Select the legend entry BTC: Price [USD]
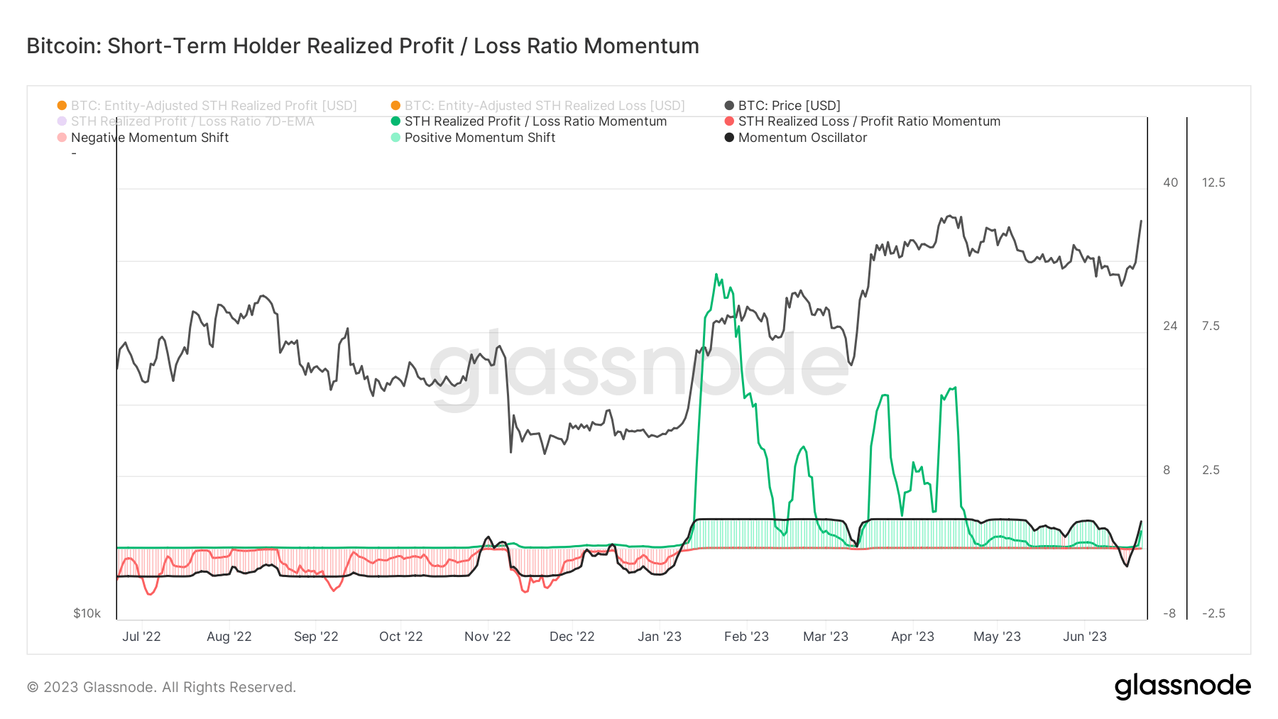click(788, 106)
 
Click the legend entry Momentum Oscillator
click(802, 138)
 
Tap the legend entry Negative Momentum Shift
click(149, 138)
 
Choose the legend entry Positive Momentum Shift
click(479, 138)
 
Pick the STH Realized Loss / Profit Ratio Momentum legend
click(868, 121)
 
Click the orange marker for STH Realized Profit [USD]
click(62, 106)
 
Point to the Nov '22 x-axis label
click(487, 637)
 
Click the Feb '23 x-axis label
click(746, 637)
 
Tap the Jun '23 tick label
click(1084, 637)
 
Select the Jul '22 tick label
click(141, 637)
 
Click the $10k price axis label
click(87, 613)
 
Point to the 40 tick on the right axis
click(1170, 182)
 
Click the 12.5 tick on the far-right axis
click(1213, 182)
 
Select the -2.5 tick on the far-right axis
click(1213, 613)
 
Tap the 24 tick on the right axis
click(1170, 326)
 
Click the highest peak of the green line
click(716, 275)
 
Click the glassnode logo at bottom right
click(1182, 686)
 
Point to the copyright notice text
click(161, 687)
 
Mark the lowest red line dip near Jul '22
click(150, 593)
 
